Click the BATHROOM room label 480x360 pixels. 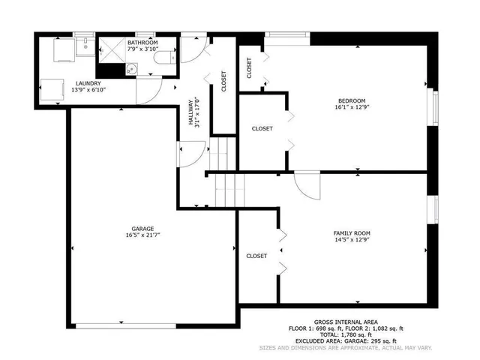[x=142, y=43]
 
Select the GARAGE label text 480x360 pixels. [x=142, y=228]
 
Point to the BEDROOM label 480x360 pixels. [x=351, y=101]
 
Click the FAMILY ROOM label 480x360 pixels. [x=352, y=233]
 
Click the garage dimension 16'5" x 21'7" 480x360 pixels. [x=142, y=235]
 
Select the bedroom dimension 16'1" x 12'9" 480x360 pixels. [x=351, y=108]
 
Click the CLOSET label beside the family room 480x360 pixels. [x=257, y=256]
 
